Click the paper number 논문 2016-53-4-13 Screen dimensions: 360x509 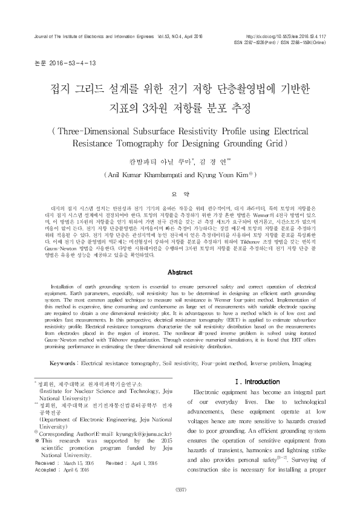point(54,63)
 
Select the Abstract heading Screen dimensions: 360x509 point(180,273)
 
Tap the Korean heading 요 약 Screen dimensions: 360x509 point(180,193)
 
